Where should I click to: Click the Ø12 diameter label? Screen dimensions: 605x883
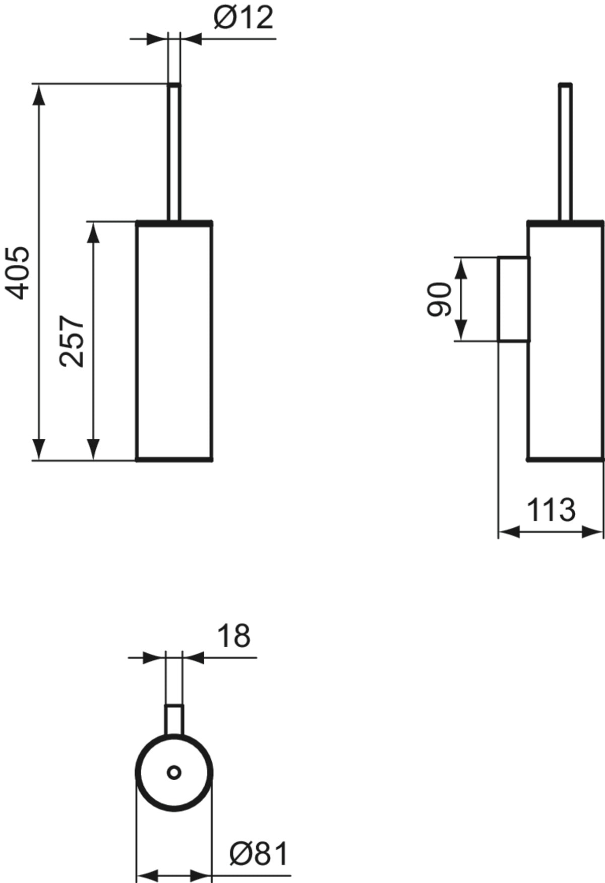point(243,19)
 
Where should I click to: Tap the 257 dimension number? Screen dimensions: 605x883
point(72,341)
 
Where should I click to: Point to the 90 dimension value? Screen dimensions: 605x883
point(439,299)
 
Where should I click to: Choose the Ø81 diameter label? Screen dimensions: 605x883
point(259,854)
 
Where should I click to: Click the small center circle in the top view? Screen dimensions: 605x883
point(174,772)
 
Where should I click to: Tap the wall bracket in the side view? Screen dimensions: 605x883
point(513,299)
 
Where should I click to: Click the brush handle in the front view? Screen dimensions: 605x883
point(174,152)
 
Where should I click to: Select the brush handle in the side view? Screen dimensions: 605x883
point(565,152)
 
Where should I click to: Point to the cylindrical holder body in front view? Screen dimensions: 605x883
point(174,341)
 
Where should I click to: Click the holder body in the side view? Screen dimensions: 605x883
point(565,341)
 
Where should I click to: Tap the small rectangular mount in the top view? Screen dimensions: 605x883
point(174,720)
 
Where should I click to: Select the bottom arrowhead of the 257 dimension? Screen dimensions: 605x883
point(93,449)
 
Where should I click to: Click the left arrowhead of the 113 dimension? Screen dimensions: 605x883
point(509,532)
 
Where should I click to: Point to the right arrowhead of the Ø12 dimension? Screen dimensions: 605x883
point(191,39)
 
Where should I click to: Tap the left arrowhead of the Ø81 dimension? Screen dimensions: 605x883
point(148,875)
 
